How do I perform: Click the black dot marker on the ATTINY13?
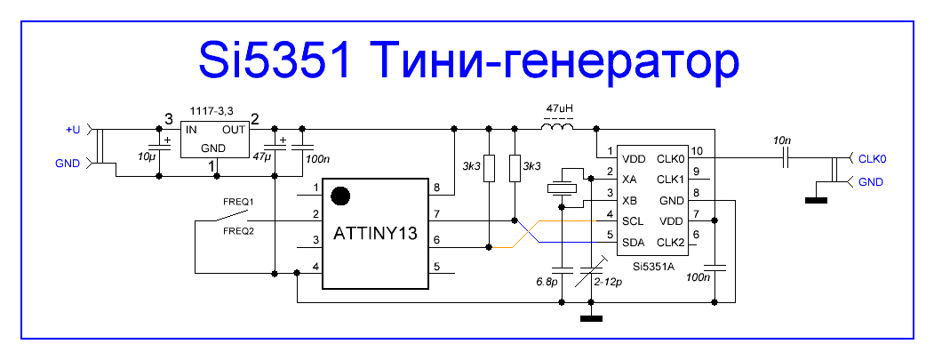pos(339,196)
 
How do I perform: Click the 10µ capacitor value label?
pos(146,156)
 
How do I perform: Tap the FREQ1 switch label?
pos(239,202)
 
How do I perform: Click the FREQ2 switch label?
pos(239,230)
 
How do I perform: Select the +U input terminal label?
pos(73,130)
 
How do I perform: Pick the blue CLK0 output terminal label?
pos(873,159)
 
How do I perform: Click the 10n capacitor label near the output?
pos(785,140)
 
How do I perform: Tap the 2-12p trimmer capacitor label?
pos(608,281)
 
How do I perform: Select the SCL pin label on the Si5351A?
pos(632,221)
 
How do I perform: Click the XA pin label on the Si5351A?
pos(629,179)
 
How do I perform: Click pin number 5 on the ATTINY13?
pos(436,267)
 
